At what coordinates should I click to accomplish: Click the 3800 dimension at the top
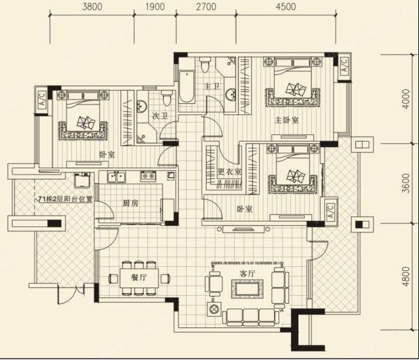(92, 6)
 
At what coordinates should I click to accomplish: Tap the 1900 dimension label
(155, 6)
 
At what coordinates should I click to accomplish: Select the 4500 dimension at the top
(286, 6)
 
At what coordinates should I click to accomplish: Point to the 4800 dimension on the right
(406, 276)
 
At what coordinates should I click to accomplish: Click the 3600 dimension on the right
(406, 183)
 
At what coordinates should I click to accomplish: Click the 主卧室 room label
(287, 121)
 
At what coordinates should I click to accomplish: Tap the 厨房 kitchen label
(131, 203)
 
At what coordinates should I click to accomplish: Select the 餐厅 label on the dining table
(139, 277)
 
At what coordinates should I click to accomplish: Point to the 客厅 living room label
(247, 274)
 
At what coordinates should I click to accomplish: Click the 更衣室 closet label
(230, 172)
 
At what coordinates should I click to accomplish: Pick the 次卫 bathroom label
(160, 116)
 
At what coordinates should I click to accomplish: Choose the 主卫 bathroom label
(212, 86)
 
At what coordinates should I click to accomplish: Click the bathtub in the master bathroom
(187, 87)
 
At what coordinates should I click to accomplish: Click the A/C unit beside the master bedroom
(344, 66)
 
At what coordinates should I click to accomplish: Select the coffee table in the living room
(247, 289)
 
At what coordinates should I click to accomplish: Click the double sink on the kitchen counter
(116, 177)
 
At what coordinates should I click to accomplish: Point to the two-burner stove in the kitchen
(148, 176)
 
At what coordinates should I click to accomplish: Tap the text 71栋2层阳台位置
(66, 199)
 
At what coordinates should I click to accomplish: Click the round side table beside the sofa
(214, 309)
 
